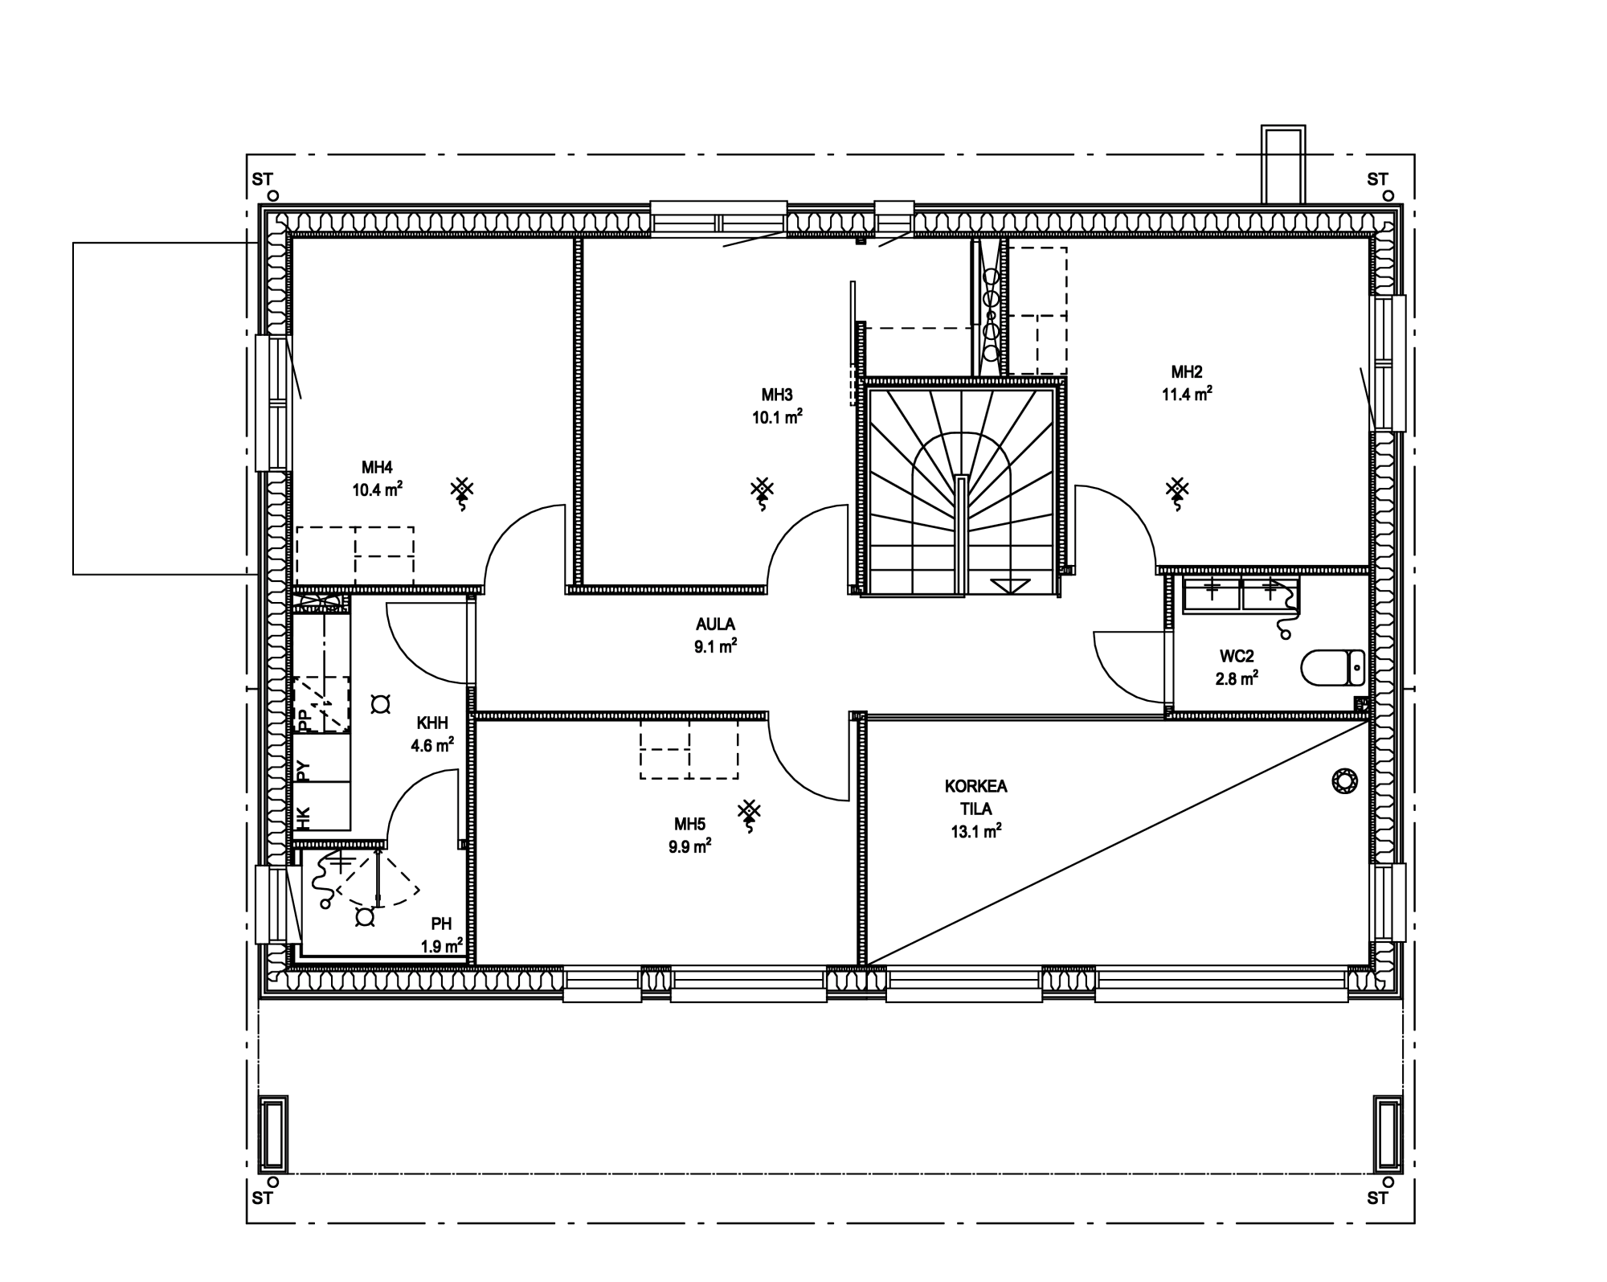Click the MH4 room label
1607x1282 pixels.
377,468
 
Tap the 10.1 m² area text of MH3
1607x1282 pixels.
777,416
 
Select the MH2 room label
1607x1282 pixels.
1187,372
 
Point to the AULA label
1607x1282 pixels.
715,624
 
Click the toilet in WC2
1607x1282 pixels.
1332,666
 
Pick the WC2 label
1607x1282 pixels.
1236,657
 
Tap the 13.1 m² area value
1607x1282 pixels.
976,832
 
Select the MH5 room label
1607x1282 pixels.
689,824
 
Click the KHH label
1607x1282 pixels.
432,722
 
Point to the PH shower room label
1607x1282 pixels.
441,924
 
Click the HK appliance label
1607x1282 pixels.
303,818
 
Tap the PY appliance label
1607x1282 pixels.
303,771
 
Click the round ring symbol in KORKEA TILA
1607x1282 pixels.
1345,780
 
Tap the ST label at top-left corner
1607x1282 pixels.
262,180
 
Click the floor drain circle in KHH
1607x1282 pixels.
379,704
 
